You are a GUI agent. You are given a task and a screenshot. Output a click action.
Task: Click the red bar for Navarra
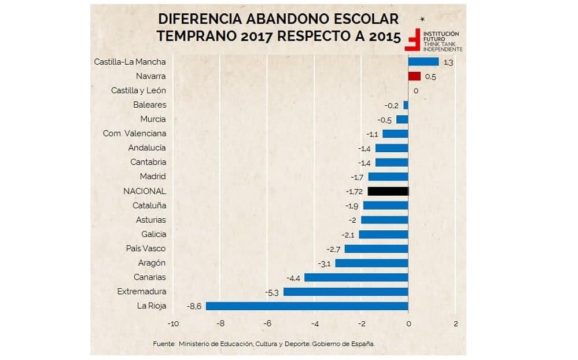coord(414,76)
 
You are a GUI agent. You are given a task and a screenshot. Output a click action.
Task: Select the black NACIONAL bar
coord(388,191)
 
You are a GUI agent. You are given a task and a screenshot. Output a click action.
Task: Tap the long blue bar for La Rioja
coord(307,306)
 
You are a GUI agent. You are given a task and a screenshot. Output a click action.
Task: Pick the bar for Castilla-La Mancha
coord(424,61)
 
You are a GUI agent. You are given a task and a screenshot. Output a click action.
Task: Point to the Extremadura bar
coord(345,292)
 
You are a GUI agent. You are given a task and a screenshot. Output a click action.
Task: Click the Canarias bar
coord(356,277)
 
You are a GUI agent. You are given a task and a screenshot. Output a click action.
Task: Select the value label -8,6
coord(194,306)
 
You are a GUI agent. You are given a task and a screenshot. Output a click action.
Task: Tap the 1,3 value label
coord(447,62)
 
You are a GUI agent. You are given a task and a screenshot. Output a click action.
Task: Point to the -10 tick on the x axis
coord(173,324)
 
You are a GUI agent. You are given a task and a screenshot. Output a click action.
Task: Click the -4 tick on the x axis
coord(314,324)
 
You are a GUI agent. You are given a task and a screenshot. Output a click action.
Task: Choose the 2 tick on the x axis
coord(455,324)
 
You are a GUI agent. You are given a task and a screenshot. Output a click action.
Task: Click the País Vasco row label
coord(146,248)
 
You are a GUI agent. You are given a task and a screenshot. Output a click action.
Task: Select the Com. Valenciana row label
coord(134,134)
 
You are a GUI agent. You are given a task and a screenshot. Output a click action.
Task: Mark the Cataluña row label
coord(149,205)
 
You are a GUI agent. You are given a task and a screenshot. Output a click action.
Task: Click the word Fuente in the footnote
coord(164,344)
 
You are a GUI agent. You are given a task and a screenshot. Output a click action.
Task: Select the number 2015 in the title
coord(383,36)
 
